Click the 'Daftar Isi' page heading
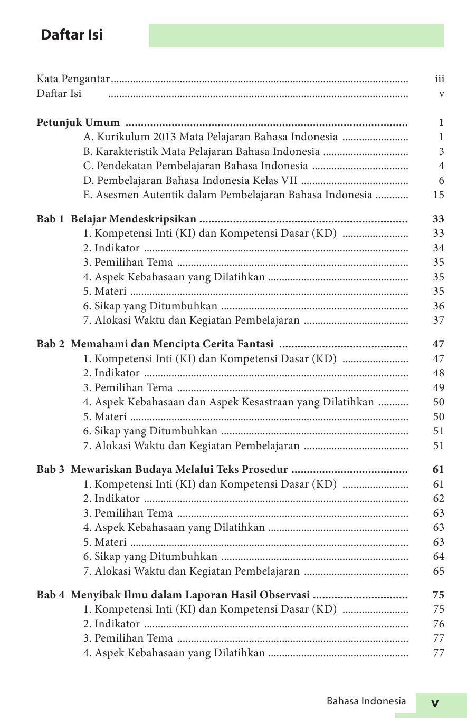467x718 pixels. [x=72, y=35]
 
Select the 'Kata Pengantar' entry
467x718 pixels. [x=73, y=79]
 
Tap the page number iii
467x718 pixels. [x=439, y=79]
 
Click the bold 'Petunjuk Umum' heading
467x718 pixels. [x=78, y=123]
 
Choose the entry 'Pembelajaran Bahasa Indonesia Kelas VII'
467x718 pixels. [x=190, y=180]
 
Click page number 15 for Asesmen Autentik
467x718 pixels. [x=439, y=195]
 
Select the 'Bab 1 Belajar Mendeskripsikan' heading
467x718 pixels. [x=116, y=219]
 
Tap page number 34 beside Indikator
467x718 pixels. [x=439, y=248]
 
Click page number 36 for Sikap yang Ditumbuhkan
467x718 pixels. [x=439, y=306]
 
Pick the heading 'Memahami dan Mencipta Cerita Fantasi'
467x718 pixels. [x=172, y=344]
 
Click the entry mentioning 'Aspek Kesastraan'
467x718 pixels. [x=228, y=402]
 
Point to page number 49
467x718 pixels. [x=439, y=388]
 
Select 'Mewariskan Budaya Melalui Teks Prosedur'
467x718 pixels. [x=179, y=470]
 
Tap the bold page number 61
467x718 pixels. [x=438, y=470]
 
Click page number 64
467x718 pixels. [x=439, y=557]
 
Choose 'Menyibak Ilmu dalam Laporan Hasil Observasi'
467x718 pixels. [x=190, y=595]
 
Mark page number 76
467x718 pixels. [x=439, y=624]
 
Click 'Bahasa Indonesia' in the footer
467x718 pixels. [x=366, y=701]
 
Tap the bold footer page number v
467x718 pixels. [x=435, y=703]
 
